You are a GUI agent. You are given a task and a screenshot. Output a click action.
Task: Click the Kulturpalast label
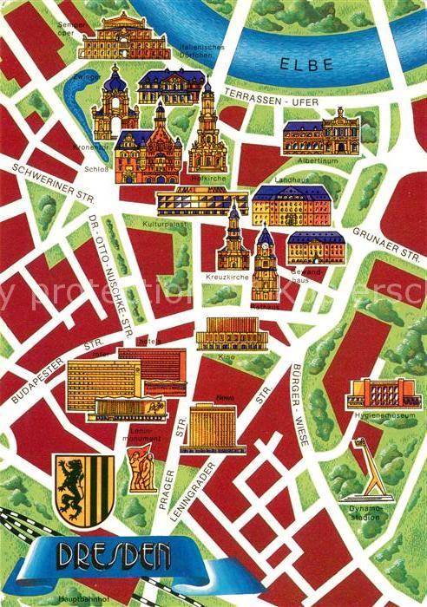click(164, 223)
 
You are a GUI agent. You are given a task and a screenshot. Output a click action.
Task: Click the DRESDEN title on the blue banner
click(114, 555)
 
